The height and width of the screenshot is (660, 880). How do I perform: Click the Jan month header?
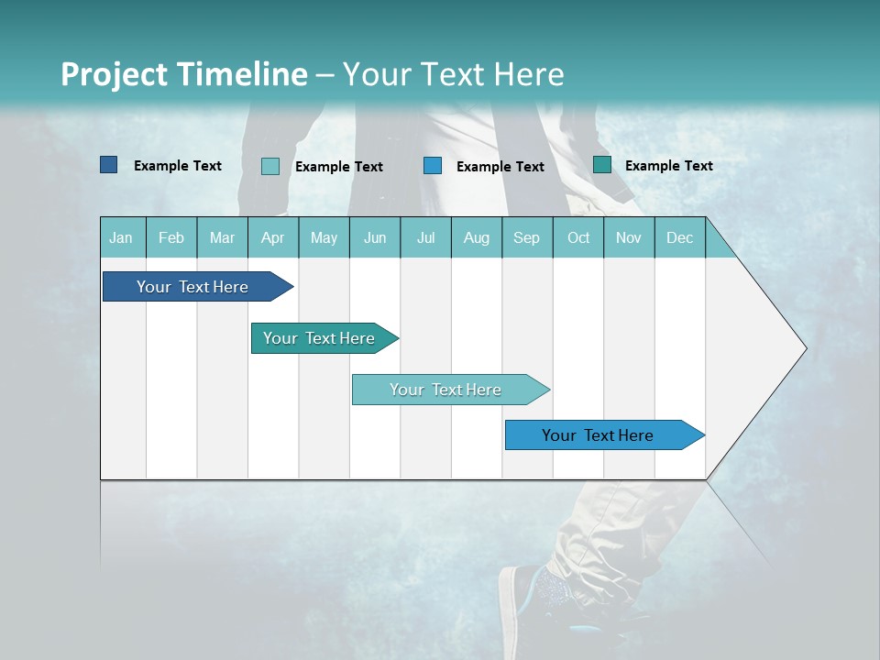[x=121, y=237]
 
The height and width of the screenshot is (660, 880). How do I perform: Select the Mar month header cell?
[x=222, y=237]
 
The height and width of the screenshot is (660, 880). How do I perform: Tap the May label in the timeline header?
[x=324, y=237]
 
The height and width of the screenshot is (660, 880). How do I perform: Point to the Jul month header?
[x=425, y=237]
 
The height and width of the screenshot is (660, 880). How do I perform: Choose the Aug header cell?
[x=476, y=237]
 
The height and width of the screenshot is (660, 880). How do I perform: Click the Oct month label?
[x=578, y=237]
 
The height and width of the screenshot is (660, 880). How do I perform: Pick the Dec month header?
[x=679, y=237]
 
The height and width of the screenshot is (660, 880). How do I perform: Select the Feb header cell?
[x=171, y=237]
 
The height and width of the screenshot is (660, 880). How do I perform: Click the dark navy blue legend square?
[x=109, y=165]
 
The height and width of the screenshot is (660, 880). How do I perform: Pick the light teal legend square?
[x=270, y=166]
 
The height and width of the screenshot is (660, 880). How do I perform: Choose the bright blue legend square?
[x=433, y=165]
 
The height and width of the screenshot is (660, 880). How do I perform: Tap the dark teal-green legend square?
[x=602, y=165]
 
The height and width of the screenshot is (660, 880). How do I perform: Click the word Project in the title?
[x=115, y=74]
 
